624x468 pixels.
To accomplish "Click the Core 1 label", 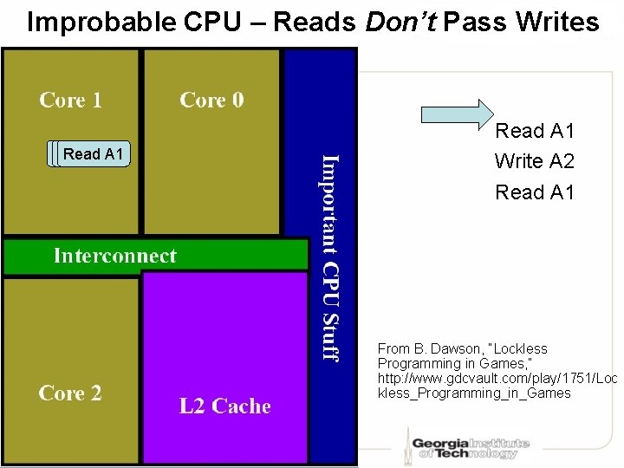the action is coord(70,100).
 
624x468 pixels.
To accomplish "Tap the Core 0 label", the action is coord(211,100).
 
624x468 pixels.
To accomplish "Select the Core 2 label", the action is coord(70,393).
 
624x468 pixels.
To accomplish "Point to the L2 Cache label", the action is coord(224,406).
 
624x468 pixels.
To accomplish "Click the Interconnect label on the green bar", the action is coord(114,256).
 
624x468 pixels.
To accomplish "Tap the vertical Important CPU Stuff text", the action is coord(330,257).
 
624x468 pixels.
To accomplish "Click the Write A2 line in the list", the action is coord(534,161).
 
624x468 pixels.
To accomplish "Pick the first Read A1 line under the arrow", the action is coord(534,131).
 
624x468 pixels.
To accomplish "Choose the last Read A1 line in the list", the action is coord(534,192).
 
